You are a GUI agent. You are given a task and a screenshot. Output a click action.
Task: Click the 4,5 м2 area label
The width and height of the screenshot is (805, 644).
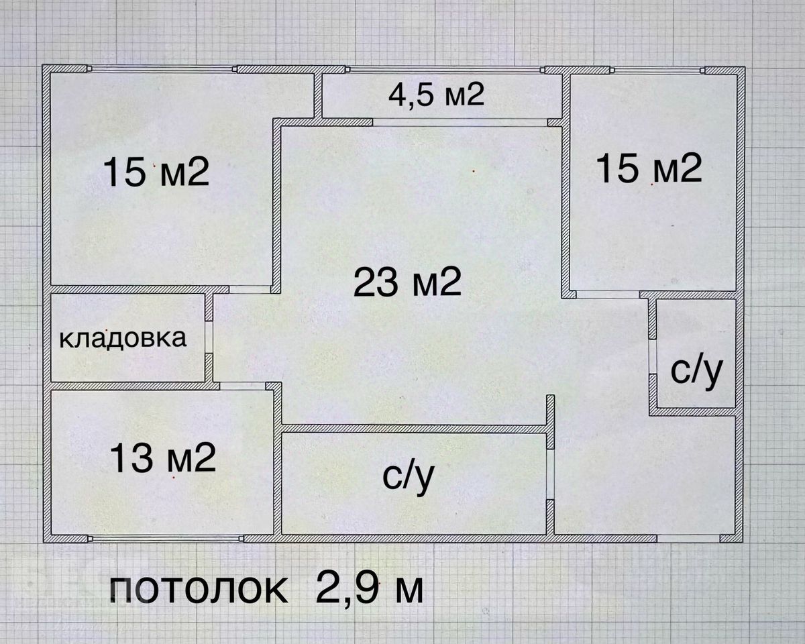[436, 95]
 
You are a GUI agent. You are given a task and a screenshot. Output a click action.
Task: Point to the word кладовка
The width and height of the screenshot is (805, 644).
[123, 338]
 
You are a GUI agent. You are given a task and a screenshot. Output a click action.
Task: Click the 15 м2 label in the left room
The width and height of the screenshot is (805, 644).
[156, 172]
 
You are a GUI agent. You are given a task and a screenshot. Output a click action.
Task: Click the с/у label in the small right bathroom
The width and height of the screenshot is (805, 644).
[696, 372]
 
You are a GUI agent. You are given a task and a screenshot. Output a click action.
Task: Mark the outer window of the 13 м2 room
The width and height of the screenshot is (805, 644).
[165, 538]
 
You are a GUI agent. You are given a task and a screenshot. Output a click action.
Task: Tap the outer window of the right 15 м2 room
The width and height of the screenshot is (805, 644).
[657, 69]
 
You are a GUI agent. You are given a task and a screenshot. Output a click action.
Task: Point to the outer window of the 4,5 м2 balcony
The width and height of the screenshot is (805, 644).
[444, 69]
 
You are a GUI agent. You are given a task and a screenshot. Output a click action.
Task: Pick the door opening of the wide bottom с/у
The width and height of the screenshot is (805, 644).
[550, 475]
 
